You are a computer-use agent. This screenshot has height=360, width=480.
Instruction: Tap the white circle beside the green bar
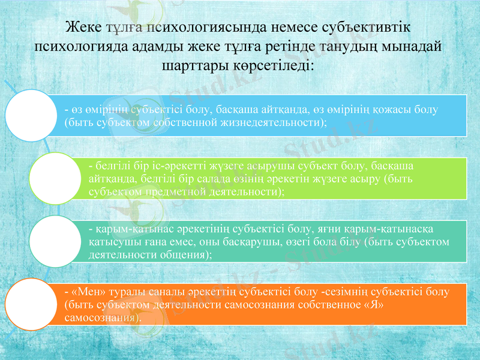click(55, 178)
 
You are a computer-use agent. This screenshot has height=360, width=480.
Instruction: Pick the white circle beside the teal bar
click(55, 242)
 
